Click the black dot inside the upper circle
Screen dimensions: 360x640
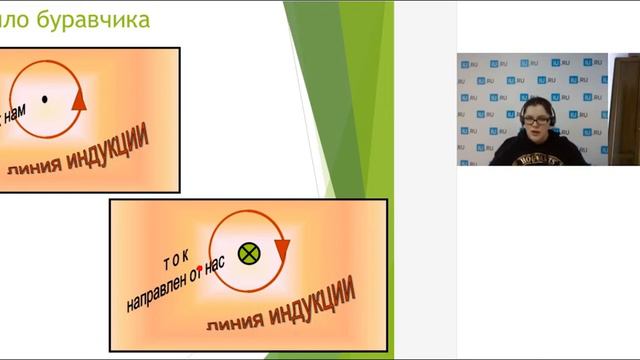44,98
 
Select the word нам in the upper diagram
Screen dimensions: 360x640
13,118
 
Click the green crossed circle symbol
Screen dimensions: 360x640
249,252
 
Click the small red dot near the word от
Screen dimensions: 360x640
201,268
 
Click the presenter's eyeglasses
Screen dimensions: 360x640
536,119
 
